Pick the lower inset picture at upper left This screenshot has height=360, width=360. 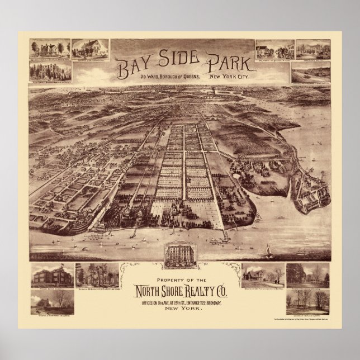pos(51,71)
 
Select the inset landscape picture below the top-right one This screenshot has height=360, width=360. pos(310,72)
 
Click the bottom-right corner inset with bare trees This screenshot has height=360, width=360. pos(307,301)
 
